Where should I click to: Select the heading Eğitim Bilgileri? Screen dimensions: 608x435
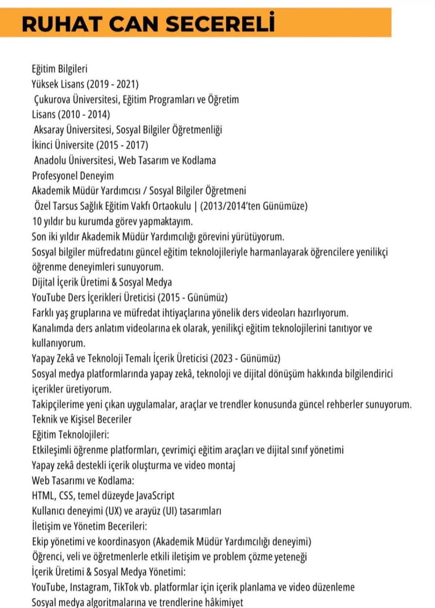point(59,69)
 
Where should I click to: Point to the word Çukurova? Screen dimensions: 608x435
point(52,99)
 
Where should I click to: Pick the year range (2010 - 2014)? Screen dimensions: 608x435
point(84,114)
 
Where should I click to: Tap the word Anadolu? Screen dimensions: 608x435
point(50,160)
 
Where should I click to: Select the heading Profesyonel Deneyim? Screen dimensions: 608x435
point(73,176)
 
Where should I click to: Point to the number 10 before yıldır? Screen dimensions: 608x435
point(37,222)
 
